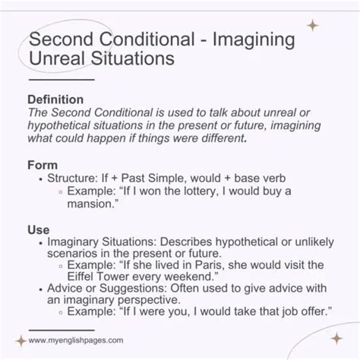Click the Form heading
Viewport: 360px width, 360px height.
click(x=43, y=164)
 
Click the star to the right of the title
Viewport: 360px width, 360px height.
click(x=312, y=26)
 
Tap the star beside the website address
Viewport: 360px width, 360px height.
click(x=21, y=341)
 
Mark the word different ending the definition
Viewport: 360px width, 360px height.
click(x=237, y=139)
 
